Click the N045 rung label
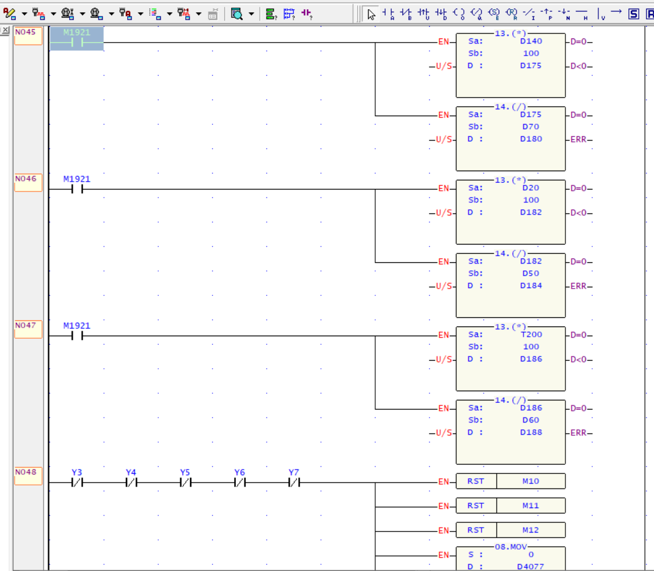click(28, 35)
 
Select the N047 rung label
click(28, 329)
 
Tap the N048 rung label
click(28, 476)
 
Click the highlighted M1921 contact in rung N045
click(77, 39)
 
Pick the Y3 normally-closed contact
click(77, 478)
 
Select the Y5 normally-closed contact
click(185, 478)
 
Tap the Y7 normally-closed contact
click(293, 478)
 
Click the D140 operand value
click(531, 42)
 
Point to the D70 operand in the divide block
click(531, 127)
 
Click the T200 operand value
click(531, 334)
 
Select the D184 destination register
click(531, 285)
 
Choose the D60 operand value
click(531, 420)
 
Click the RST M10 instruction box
click(511, 481)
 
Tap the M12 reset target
click(531, 530)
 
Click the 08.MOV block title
click(511, 547)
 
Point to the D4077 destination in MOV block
click(531, 566)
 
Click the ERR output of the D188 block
click(578, 432)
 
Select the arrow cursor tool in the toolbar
click(371, 14)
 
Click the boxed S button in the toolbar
click(634, 14)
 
